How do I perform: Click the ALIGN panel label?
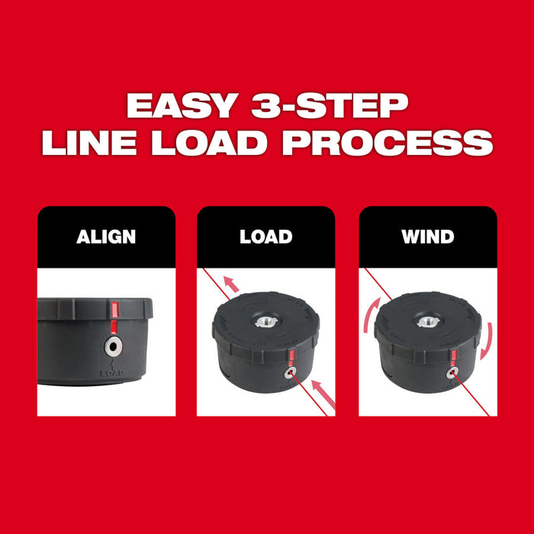(x=106, y=236)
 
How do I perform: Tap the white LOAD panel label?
(x=265, y=236)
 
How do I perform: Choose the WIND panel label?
(x=428, y=236)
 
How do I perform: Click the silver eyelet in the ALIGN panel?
(x=114, y=346)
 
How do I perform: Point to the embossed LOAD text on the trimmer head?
(x=114, y=373)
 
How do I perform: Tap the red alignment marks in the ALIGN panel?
(x=114, y=314)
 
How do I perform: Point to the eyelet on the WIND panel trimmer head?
(x=454, y=372)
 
